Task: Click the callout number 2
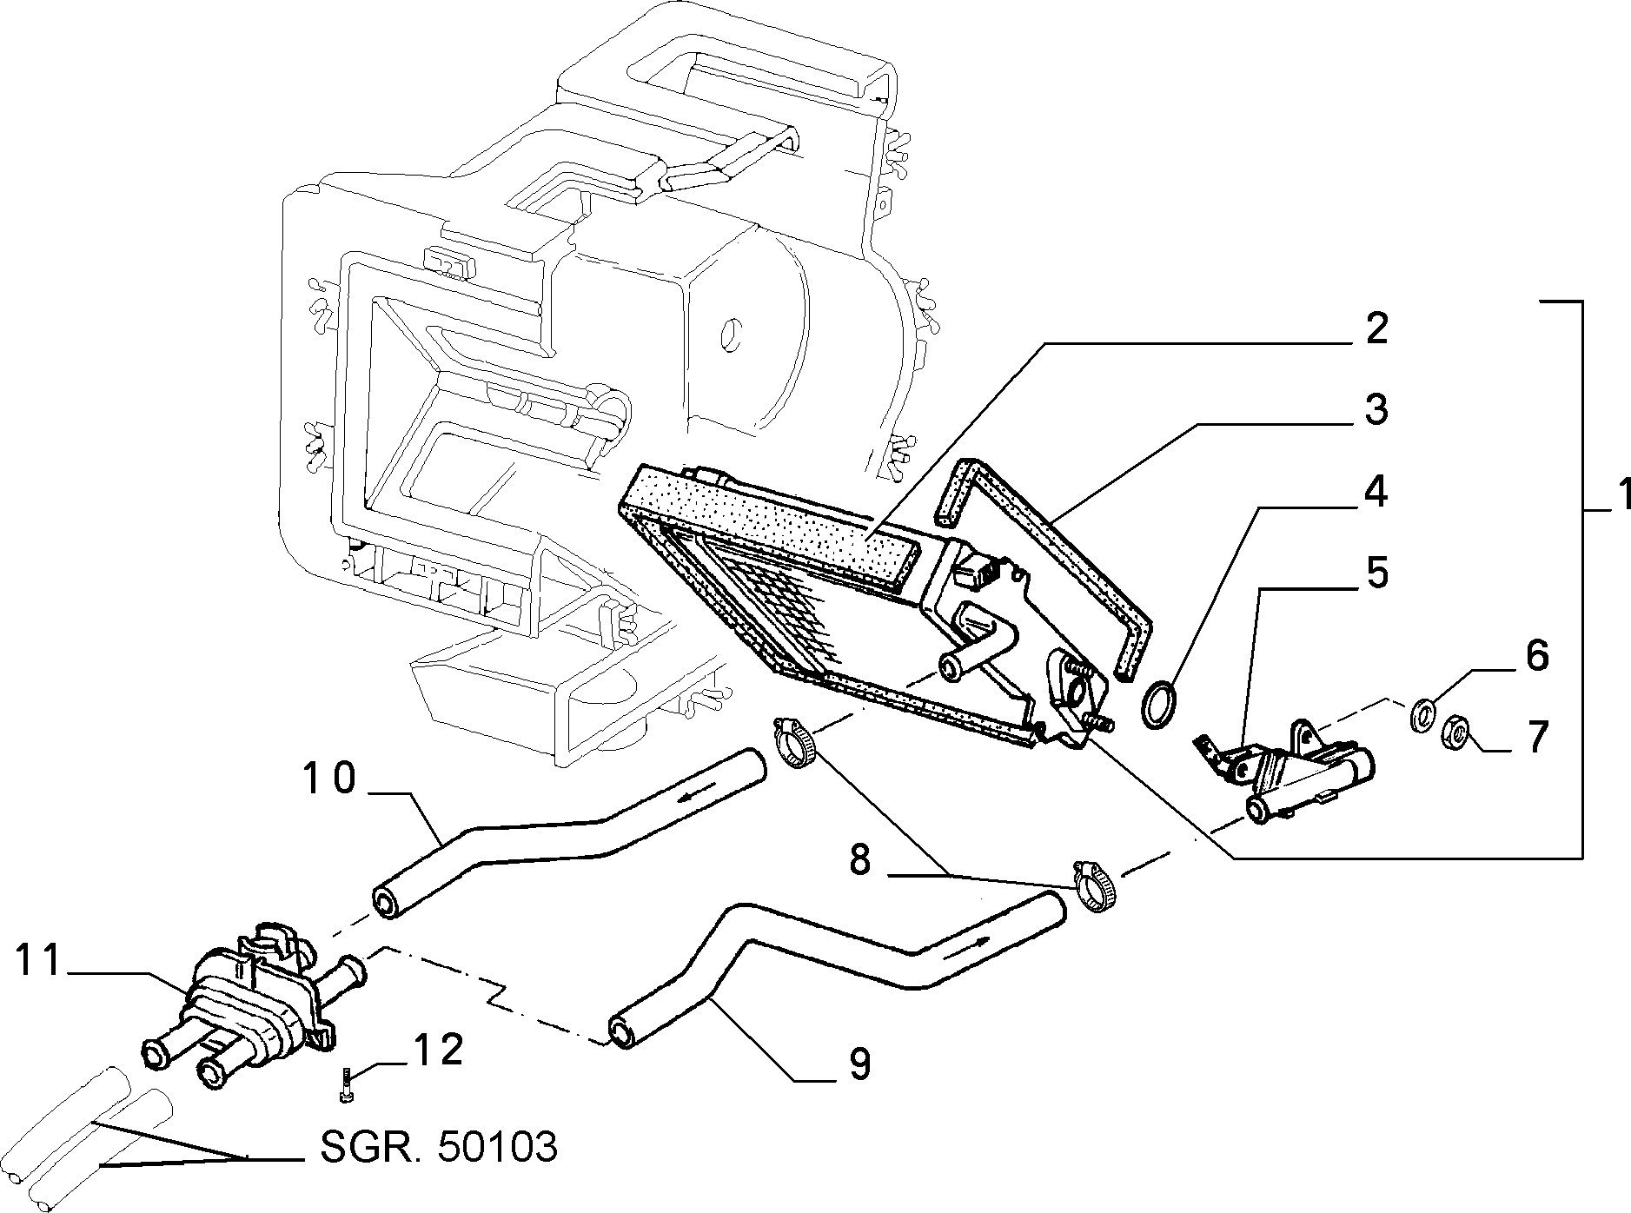(1374, 329)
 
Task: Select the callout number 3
(1376, 409)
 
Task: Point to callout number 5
(1375, 573)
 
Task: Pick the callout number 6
(1536, 656)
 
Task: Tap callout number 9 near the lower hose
(859, 1063)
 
